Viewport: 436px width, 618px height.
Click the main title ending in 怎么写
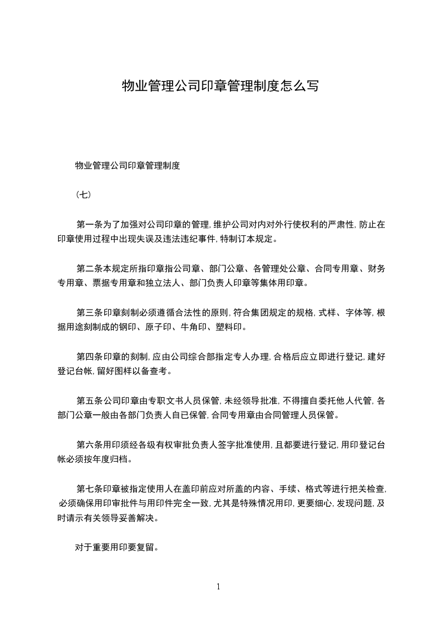pos(220,86)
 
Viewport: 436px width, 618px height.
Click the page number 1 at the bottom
pos(218,587)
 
